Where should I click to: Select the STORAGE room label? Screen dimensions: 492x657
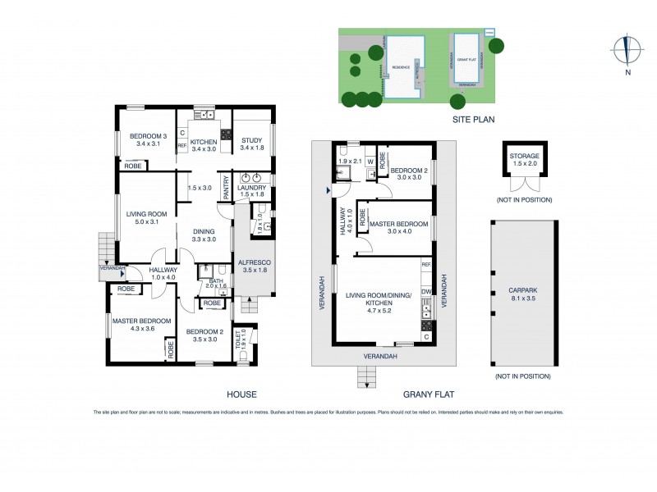(x=524, y=155)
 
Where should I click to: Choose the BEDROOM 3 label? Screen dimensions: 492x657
(x=149, y=136)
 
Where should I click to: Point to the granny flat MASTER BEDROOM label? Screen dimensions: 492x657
(x=398, y=224)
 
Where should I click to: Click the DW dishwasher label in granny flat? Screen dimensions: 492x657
(x=425, y=291)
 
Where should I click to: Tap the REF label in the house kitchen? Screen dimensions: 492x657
(x=182, y=146)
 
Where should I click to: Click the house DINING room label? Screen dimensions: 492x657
(x=204, y=230)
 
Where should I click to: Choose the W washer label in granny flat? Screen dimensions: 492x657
(x=370, y=162)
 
